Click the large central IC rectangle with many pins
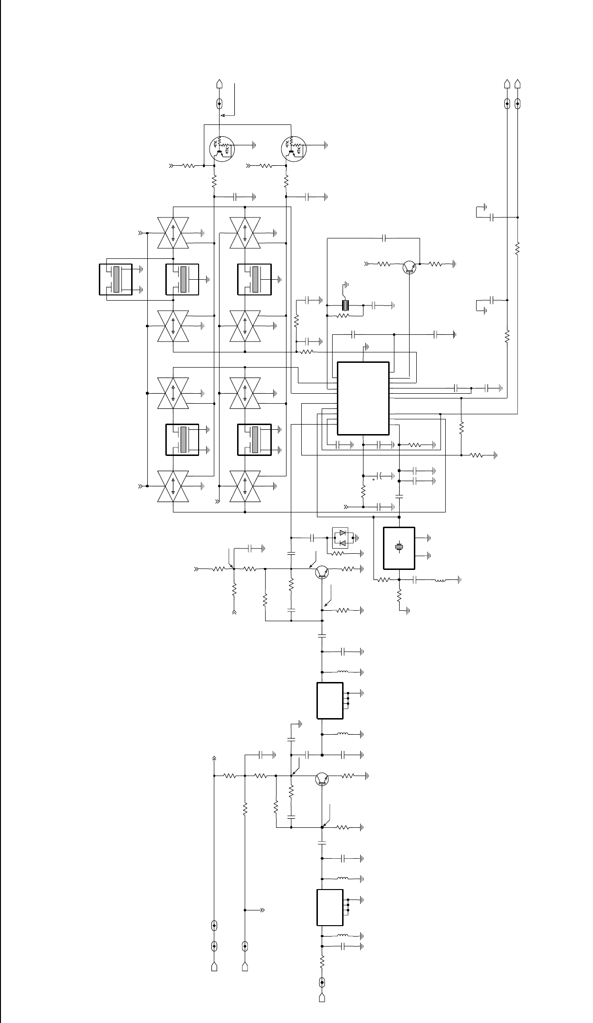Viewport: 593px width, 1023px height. pyautogui.click(x=363, y=398)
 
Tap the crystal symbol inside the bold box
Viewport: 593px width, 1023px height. pyautogui.click(x=400, y=547)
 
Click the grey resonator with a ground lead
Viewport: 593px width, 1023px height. pyautogui.click(x=346, y=305)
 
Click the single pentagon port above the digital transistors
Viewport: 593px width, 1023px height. pyautogui.click(x=220, y=84)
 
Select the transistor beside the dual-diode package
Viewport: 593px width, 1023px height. pyautogui.click(x=323, y=573)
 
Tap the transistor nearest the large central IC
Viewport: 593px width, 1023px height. pyautogui.click(x=409, y=267)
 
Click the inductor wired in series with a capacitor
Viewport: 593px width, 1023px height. pyautogui.click(x=441, y=580)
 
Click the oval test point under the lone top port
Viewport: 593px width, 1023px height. pyautogui.click(x=220, y=103)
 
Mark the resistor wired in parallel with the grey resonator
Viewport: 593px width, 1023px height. pyautogui.click(x=343, y=315)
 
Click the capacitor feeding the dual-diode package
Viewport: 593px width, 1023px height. pyautogui.click(x=313, y=538)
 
